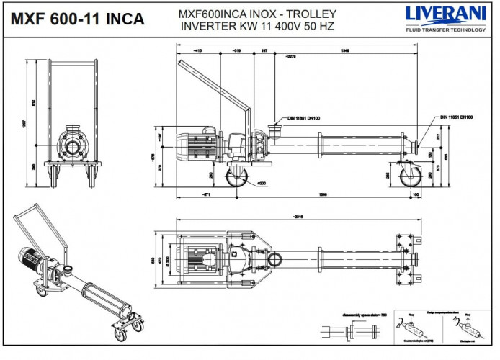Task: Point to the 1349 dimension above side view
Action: point(345,50)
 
